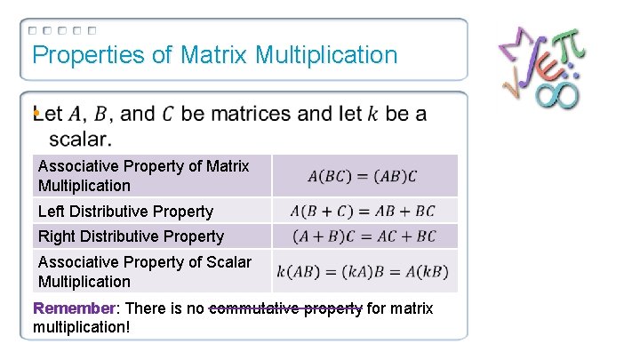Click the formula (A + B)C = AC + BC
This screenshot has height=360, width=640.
(364, 236)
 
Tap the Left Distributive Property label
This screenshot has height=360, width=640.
(125, 212)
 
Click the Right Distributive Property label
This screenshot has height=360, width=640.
(131, 236)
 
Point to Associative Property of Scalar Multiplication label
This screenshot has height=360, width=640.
(144, 272)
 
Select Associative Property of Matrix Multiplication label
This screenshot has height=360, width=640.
(143, 176)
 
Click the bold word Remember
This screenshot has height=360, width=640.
(74, 308)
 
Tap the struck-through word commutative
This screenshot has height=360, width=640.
(258, 308)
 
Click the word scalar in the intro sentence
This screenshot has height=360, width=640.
(79, 140)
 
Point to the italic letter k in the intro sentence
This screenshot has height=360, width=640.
(372, 115)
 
